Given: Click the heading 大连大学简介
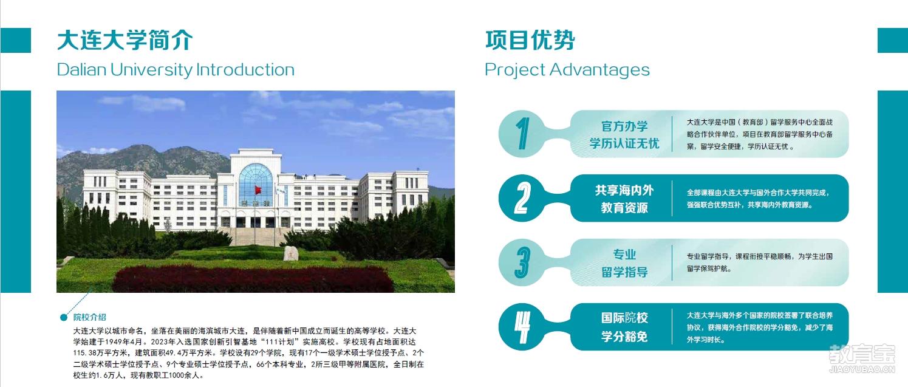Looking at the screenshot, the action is coord(125,40).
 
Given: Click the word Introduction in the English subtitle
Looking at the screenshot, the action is coord(245,70).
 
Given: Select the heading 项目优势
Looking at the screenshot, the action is coord(530,40).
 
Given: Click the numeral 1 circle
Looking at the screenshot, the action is coord(522,134).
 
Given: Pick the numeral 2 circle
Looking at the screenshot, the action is coord(522,198).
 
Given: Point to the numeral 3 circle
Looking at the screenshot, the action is coord(522,262).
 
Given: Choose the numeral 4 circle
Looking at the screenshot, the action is coord(522,327).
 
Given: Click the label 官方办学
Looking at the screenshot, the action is coord(624,126).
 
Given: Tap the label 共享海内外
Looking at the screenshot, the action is coord(624,190).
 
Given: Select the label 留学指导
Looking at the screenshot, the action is coord(624,272).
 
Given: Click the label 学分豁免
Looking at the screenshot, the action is coord(624,337).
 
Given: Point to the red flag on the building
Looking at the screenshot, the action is coord(258,190).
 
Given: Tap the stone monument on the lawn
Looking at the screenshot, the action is coord(291,253).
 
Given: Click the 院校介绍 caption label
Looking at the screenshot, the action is coord(89,317).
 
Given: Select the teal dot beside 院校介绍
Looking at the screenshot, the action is coord(64,317).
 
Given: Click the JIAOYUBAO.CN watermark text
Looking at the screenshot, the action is coord(862,369).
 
